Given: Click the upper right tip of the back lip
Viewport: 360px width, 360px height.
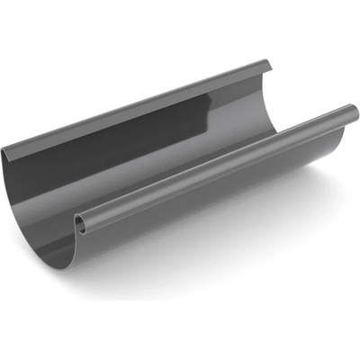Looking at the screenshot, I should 269,62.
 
